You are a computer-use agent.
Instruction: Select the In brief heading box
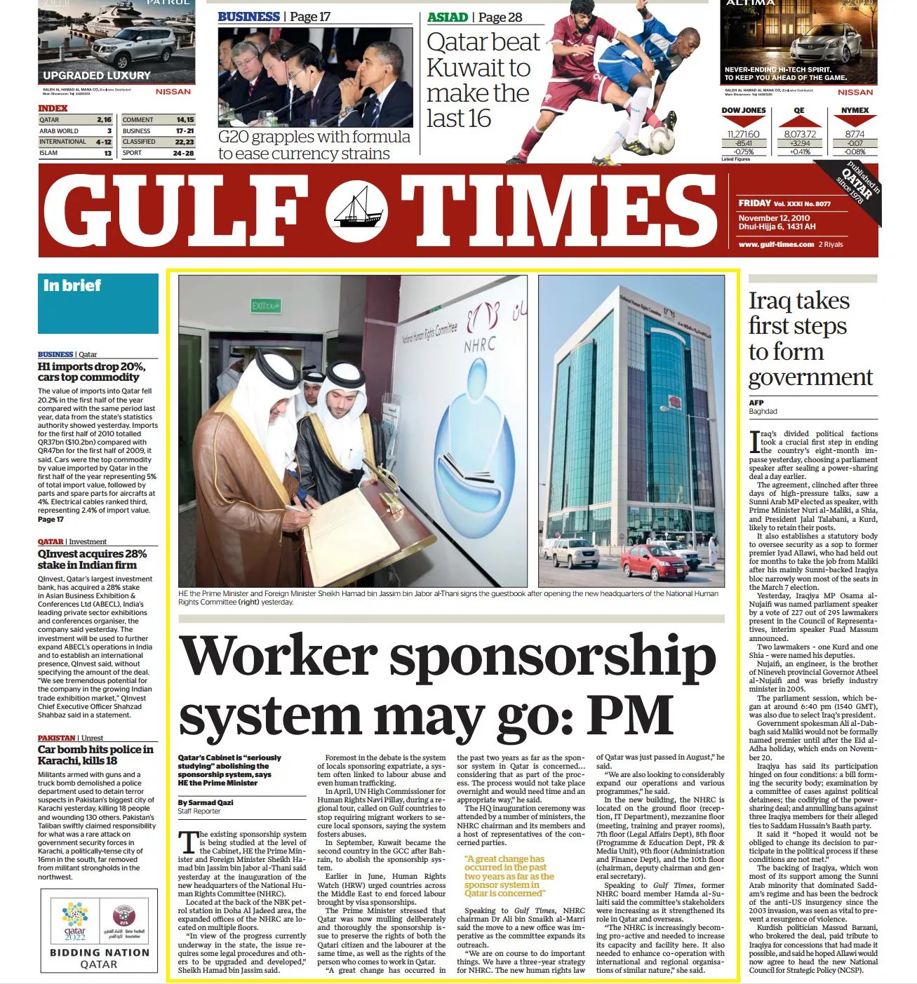[98, 303]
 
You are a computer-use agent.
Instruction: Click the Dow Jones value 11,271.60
[744, 134]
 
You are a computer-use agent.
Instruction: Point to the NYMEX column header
[855, 110]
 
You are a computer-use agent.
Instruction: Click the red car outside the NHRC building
[654, 560]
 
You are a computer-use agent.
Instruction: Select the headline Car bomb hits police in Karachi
[95, 755]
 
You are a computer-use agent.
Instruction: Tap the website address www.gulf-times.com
[776, 244]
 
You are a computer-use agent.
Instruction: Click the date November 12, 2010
[774, 218]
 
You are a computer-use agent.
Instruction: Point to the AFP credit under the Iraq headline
[756, 403]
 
